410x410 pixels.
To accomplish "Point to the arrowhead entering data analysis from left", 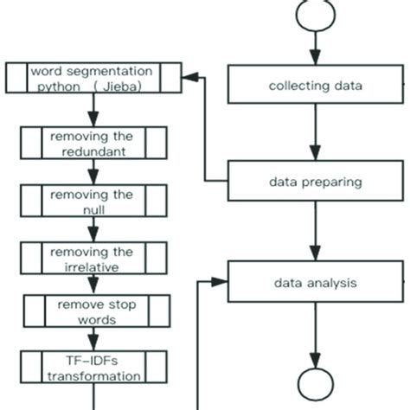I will click(x=221, y=282).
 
